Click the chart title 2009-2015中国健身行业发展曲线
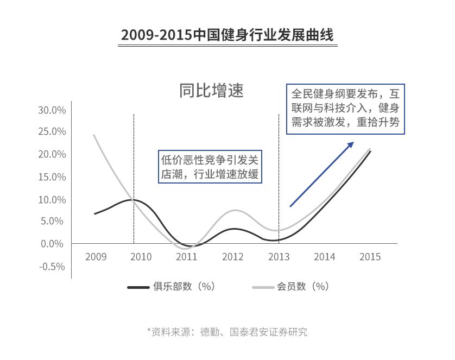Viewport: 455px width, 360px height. pyautogui.click(x=227, y=35)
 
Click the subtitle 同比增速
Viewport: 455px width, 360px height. pyautogui.click(x=211, y=90)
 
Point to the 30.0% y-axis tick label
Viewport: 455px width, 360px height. pyautogui.click(x=52, y=110)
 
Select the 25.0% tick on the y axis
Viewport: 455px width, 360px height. pyautogui.click(x=52, y=132)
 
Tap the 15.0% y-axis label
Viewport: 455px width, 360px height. pyautogui.click(x=52, y=177)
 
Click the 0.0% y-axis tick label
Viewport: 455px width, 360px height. pyautogui.click(x=54, y=244)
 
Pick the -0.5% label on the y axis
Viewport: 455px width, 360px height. pyautogui.click(x=52, y=267)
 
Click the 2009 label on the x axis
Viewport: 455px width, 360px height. pyautogui.click(x=96, y=257)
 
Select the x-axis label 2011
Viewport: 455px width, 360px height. pyautogui.click(x=187, y=257)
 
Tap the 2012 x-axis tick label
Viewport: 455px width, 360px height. pyautogui.click(x=232, y=257)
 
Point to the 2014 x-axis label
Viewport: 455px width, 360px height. pyautogui.click(x=325, y=257)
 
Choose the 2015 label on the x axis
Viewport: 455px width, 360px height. pyautogui.click(x=370, y=257)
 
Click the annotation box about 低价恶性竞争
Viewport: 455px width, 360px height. pyautogui.click(x=210, y=167)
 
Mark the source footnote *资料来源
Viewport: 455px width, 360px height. pyautogui.click(x=227, y=332)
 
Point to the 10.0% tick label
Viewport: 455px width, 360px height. pyautogui.click(x=52, y=200)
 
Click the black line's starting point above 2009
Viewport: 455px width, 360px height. pyautogui.click(x=94, y=214)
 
